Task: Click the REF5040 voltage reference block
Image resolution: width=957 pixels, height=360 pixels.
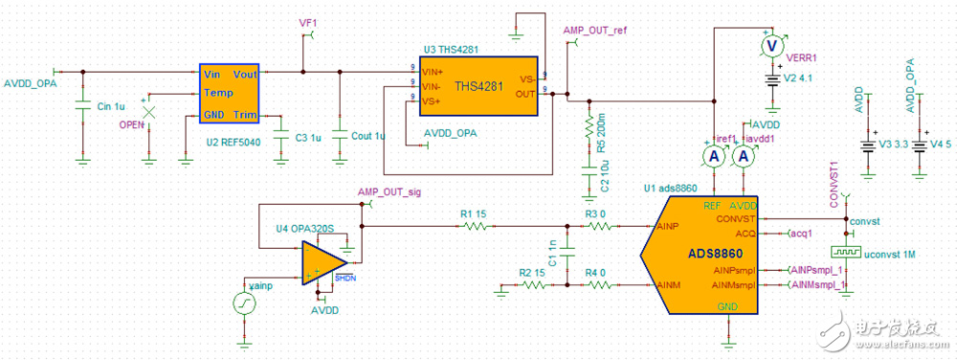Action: point(230,93)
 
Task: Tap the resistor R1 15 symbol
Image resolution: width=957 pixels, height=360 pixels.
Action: point(475,227)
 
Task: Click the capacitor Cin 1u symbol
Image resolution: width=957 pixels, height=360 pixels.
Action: point(82,104)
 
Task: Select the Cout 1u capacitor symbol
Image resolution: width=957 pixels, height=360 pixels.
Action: point(339,134)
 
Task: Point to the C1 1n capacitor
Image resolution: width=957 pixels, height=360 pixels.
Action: point(568,257)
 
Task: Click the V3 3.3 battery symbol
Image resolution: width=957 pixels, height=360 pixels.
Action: point(867,146)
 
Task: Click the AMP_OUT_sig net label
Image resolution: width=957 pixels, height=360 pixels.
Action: point(389,191)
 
